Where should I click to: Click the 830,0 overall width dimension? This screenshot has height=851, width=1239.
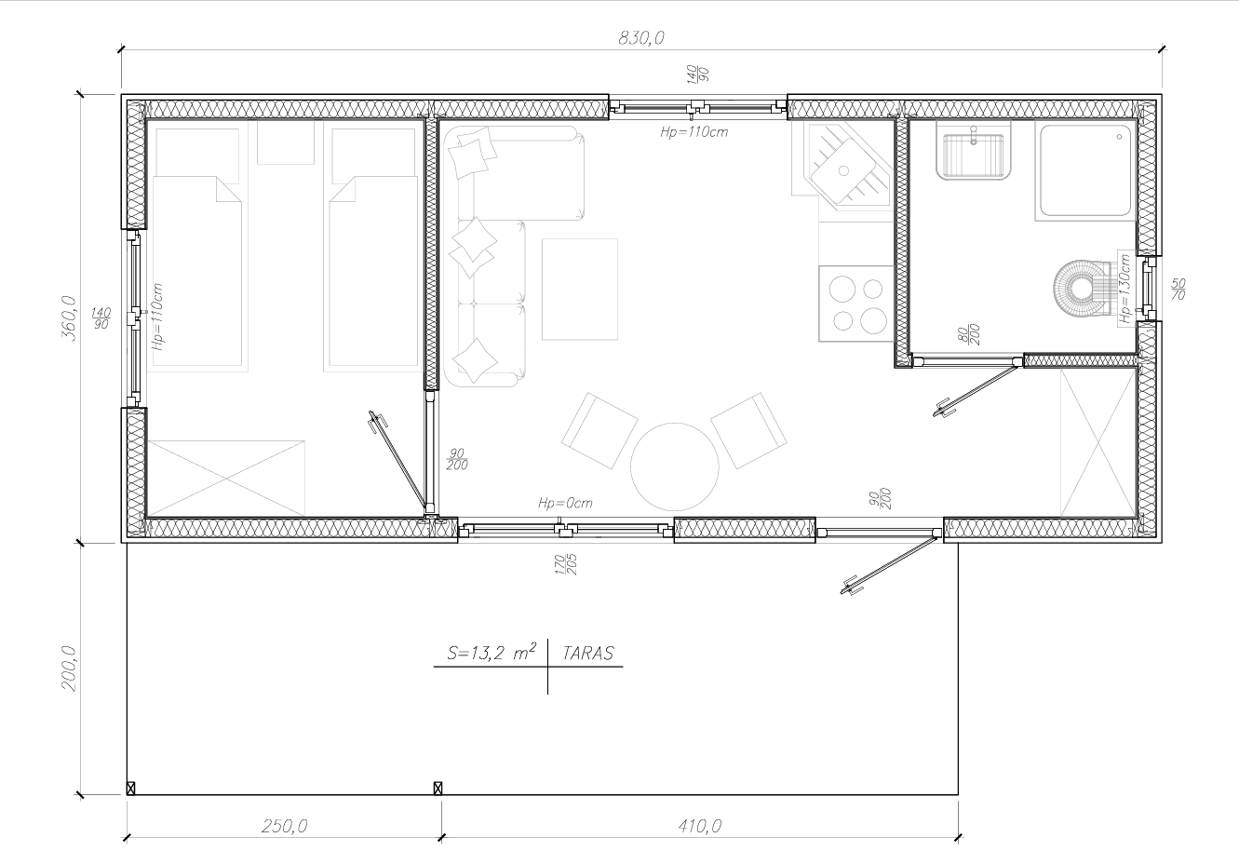click(x=641, y=37)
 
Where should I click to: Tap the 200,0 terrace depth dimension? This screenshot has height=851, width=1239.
click(x=70, y=668)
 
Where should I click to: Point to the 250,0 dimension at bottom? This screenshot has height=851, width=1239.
click(x=284, y=826)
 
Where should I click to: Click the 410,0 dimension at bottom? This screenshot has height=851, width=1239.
click(x=700, y=826)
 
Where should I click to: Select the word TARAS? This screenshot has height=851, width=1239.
click(x=588, y=654)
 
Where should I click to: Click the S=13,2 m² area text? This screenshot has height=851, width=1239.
click(x=492, y=653)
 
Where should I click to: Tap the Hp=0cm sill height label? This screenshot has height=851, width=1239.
click(x=565, y=503)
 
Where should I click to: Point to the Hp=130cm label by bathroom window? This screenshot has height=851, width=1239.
click(x=1125, y=288)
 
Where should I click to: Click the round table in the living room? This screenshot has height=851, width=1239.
click(x=674, y=466)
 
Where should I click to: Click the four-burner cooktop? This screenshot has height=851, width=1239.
click(x=856, y=304)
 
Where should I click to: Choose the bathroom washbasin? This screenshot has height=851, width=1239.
click(x=974, y=151)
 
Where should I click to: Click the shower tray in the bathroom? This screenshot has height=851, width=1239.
click(x=1085, y=170)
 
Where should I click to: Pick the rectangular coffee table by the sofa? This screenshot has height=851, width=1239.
click(x=580, y=290)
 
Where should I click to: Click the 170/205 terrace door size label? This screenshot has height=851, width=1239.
click(x=566, y=564)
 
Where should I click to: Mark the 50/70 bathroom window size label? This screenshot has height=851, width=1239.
click(x=1178, y=289)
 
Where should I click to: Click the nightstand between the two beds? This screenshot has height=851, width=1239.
click(x=286, y=142)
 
